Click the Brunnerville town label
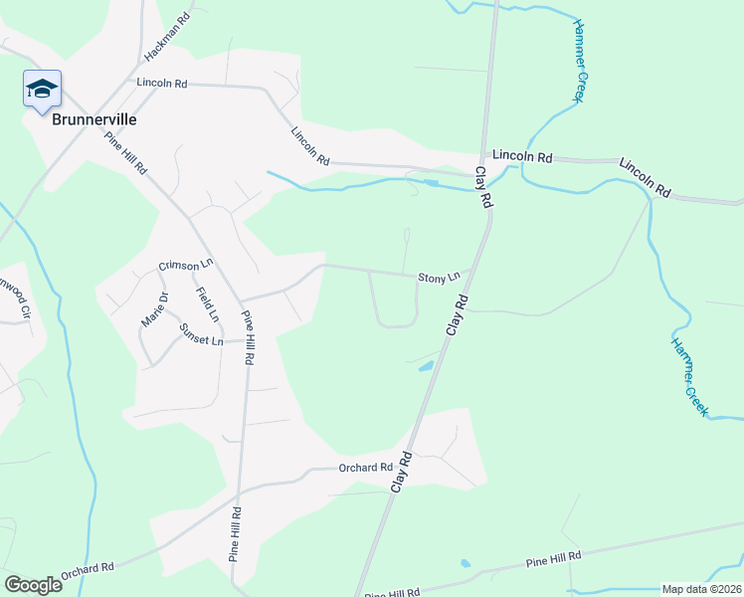click(93, 118)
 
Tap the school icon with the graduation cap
click(42, 90)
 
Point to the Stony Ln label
click(439, 278)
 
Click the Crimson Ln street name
click(186, 266)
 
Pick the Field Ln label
click(208, 304)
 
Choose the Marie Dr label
click(154, 309)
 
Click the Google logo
click(33, 584)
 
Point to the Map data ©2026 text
click(701, 589)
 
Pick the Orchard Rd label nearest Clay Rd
click(365, 468)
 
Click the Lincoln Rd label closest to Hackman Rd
click(162, 84)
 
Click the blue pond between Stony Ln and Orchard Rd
click(426, 366)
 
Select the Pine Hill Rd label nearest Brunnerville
click(126, 153)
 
